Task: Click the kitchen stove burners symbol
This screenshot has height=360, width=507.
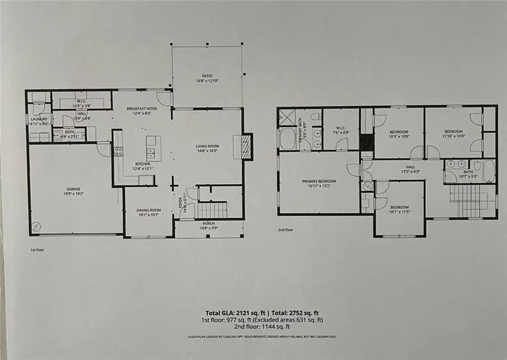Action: [119, 151]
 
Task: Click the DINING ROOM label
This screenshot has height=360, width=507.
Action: [148, 210]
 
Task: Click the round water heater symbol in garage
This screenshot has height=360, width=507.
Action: [37, 226]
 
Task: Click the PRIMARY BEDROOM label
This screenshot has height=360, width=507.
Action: [319, 181]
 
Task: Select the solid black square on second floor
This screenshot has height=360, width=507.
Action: [366, 142]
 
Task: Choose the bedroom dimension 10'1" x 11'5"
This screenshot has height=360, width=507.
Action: [399, 212]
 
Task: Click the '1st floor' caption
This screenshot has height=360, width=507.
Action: [38, 248]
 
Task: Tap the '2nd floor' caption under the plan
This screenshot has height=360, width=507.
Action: [286, 230]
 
